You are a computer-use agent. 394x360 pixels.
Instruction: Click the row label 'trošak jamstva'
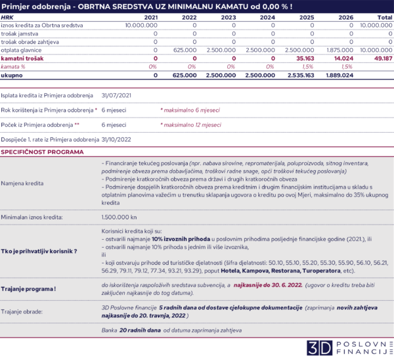click(x=19, y=32)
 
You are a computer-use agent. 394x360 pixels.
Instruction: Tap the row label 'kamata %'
click(x=12, y=66)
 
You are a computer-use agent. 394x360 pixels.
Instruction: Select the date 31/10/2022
click(x=117, y=139)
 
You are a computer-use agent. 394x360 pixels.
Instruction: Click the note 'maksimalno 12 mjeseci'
click(x=191, y=124)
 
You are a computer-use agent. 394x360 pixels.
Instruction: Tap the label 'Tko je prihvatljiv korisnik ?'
click(x=39, y=251)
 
